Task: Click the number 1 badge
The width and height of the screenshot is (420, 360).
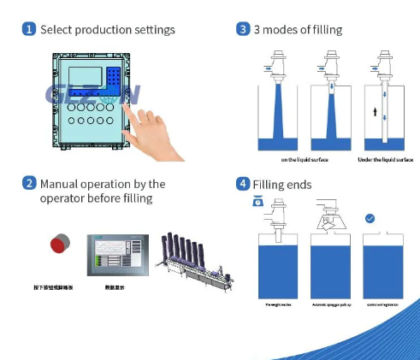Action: pos(29,30)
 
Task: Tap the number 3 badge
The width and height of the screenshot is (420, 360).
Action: pos(243,30)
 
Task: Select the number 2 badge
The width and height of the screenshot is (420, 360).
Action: pos(29,184)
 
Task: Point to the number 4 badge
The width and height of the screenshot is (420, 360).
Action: pos(243,184)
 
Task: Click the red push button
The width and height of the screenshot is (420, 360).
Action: pos(59,245)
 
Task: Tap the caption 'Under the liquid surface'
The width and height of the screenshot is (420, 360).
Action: pos(385,160)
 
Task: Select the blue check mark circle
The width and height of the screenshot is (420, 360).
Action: pos(369,219)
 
